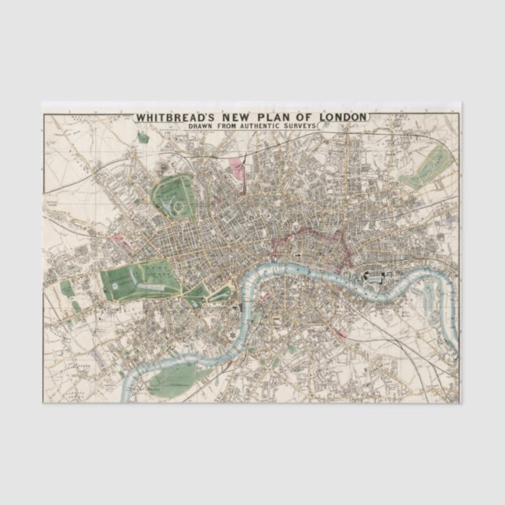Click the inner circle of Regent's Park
point(179,206)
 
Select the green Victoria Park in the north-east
point(428,167)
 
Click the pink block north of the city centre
point(235,166)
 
